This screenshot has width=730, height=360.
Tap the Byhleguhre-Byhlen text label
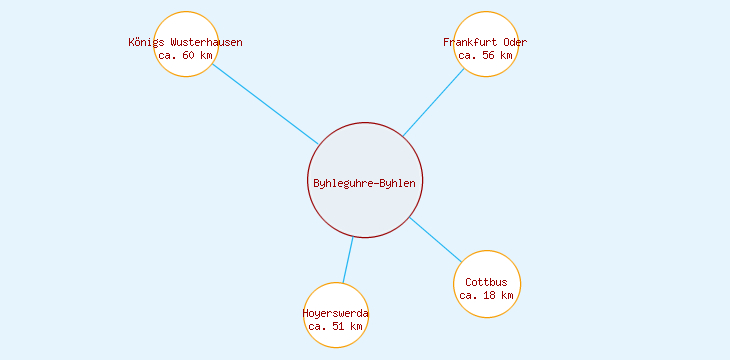pyautogui.click(x=365, y=183)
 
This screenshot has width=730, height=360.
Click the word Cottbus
pyautogui.click(x=487, y=282)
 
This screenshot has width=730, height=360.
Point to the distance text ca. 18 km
pyautogui.click(x=487, y=296)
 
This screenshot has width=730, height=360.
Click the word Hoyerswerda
pyautogui.click(x=336, y=313)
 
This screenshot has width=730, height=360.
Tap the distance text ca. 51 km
pyautogui.click(x=336, y=327)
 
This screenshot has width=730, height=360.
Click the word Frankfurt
pyautogui.click(x=470, y=42)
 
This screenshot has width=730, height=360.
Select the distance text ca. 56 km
pyautogui.click(x=486, y=56)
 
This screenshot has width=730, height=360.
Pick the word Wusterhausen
pyautogui.click(x=206, y=42)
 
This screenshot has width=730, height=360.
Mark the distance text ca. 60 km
pyautogui.click(x=186, y=56)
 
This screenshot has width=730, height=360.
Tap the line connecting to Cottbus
pyautogui.click(x=435, y=239)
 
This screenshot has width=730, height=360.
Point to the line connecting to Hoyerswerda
pyautogui.click(x=347, y=260)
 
